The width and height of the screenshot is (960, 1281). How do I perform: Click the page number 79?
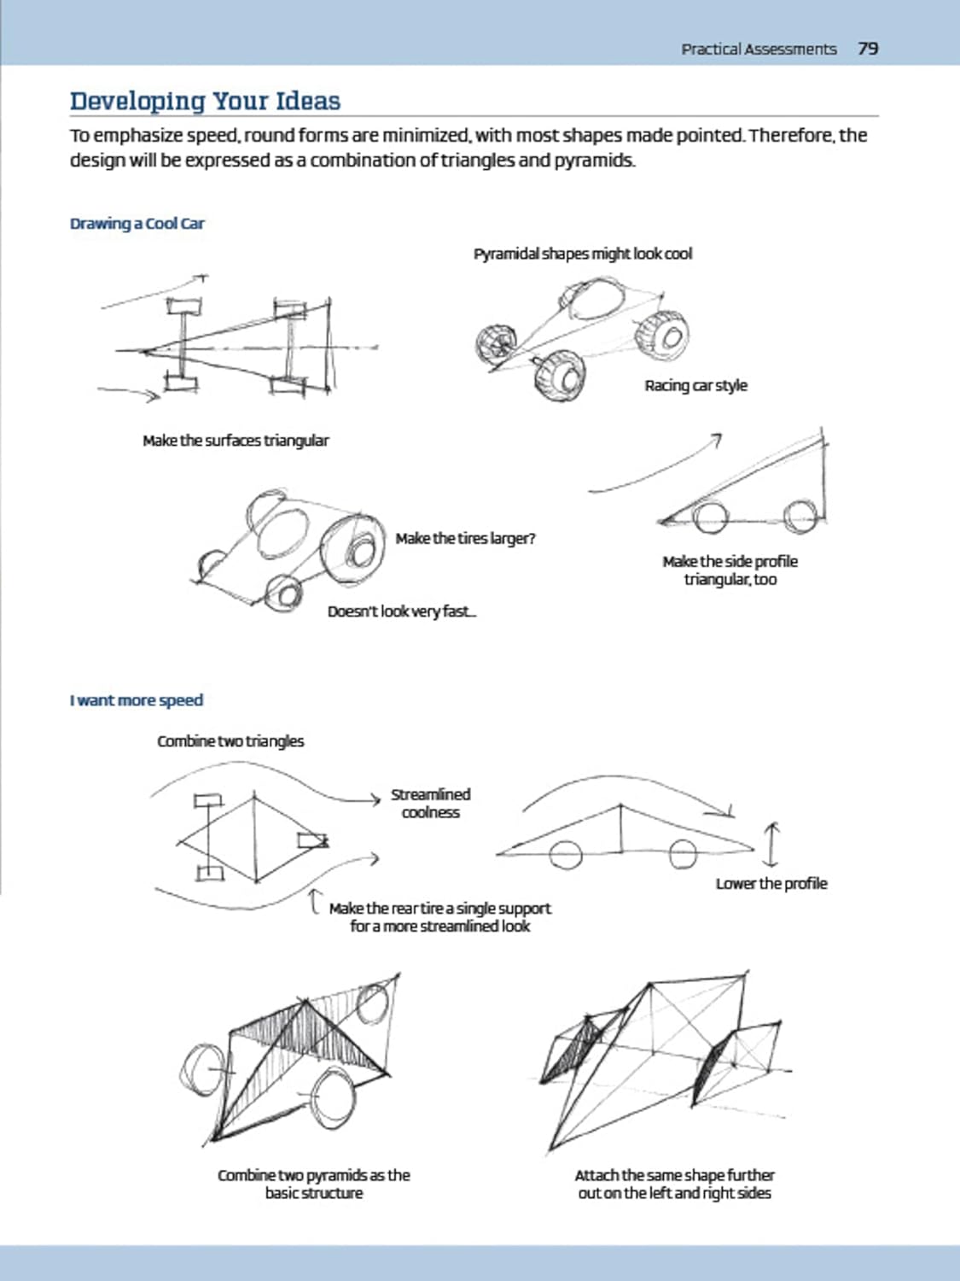(x=868, y=49)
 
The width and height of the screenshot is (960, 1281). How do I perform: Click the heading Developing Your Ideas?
(x=205, y=102)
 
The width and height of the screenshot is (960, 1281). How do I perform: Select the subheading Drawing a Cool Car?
(x=137, y=224)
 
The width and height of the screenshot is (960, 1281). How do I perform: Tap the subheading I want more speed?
(x=137, y=700)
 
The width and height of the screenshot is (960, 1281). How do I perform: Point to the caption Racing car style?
(x=696, y=386)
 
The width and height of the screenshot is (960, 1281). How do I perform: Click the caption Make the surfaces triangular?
(x=236, y=441)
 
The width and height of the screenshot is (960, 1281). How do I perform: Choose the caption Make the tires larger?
(x=465, y=539)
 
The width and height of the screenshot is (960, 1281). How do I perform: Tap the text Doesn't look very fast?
(x=402, y=611)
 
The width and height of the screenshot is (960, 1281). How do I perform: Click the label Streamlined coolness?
(x=431, y=804)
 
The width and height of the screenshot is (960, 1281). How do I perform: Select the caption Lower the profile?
(x=771, y=884)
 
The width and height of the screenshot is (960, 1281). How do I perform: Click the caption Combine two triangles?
(x=230, y=741)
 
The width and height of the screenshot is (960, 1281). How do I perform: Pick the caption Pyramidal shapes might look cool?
(x=583, y=254)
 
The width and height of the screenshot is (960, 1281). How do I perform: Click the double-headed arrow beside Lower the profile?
(x=771, y=845)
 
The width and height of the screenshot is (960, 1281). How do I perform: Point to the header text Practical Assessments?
(x=759, y=49)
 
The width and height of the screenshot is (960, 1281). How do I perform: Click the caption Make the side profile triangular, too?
(x=730, y=570)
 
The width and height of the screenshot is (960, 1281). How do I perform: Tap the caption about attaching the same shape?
(x=674, y=1184)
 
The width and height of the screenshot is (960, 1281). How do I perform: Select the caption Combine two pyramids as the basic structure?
(x=313, y=1184)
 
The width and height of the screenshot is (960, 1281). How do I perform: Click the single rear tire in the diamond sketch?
(x=312, y=840)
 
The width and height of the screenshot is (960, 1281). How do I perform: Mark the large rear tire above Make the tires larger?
(x=352, y=547)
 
